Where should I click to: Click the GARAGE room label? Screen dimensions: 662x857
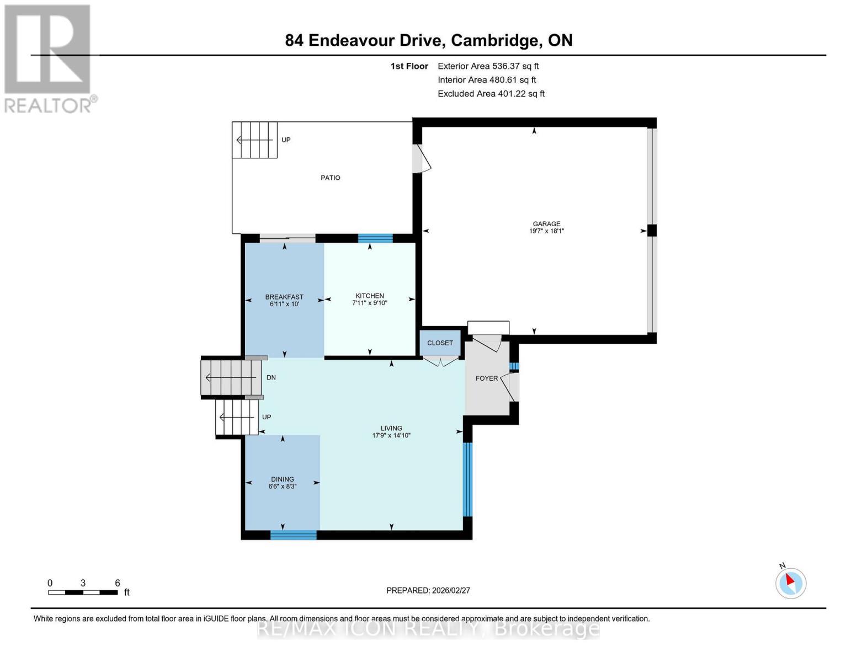click(x=546, y=223)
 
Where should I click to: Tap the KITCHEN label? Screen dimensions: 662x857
click(x=369, y=296)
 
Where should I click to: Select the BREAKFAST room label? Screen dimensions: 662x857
click(x=284, y=297)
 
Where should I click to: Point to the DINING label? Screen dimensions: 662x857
click(x=282, y=479)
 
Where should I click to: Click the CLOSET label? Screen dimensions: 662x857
click(x=440, y=343)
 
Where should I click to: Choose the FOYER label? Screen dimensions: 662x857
click(x=486, y=378)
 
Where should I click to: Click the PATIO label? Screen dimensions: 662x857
click(x=331, y=178)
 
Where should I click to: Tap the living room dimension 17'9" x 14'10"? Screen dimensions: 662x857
click(x=391, y=435)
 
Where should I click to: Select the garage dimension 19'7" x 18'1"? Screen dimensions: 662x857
click(x=546, y=231)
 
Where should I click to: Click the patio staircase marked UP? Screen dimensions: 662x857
click(x=254, y=140)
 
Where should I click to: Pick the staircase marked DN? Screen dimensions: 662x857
click(x=231, y=378)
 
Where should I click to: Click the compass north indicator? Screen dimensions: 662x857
click(x=791, y=582)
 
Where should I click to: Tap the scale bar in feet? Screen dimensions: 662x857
click(x=83, y=592)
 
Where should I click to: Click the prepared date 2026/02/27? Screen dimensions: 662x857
click(x=428, y=590)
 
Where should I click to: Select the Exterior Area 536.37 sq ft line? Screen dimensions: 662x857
click(x=488, y=66)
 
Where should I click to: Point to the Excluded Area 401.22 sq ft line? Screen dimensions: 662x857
click(x=491, y=94)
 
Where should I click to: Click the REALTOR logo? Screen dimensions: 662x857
click(x=49, y=58)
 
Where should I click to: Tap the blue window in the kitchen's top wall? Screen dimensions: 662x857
click(x=375, y=238)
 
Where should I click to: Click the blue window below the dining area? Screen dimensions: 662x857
click(x=293, y=535)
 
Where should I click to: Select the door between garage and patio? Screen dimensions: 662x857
click(x=420, y=158)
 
